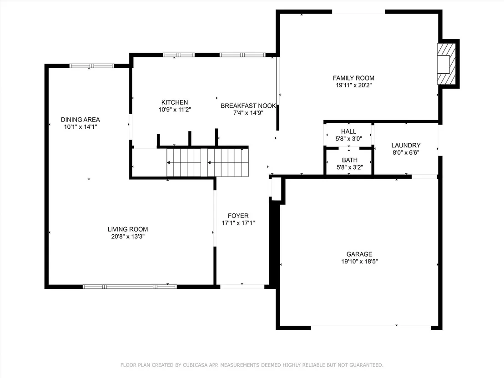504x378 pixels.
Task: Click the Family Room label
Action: (353, 78)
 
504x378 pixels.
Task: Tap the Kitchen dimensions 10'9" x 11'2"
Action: (175, 110)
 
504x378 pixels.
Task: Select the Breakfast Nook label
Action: (248, 106)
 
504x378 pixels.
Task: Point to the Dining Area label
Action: (81, 120)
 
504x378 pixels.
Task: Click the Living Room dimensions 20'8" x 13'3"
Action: (128, 237)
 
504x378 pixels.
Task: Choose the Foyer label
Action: (238, 216)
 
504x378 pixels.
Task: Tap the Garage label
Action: (359, 254)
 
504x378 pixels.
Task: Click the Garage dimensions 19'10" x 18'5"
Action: (359, 261)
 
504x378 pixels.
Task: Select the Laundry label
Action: (406, 145)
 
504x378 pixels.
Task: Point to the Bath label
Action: (349, 160)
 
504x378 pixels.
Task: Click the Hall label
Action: (348, 131)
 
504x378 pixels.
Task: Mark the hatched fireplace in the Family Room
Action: (447, 64)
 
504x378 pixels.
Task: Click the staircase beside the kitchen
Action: (207, 162)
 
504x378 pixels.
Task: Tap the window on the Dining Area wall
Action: (92, 66)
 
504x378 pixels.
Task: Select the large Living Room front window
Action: (130, 287)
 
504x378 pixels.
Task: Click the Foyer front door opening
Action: (242, 287)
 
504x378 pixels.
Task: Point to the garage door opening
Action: (371, 328)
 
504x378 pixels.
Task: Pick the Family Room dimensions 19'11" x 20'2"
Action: (353, 85)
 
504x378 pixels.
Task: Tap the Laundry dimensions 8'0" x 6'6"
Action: (406, 153)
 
